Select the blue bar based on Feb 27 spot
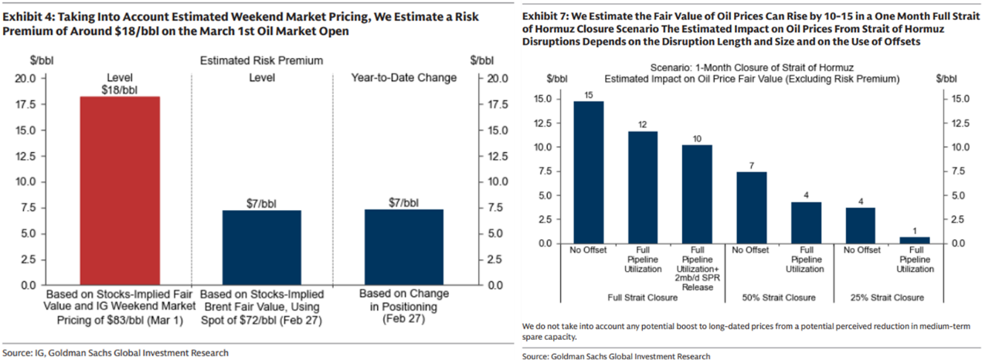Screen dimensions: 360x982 (261, 247)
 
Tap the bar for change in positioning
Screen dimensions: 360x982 (404, 247)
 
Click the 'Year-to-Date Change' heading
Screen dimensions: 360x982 (404, 77)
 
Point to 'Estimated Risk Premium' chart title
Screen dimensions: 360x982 (261, 60)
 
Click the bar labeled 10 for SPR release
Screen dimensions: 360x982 (697, 194)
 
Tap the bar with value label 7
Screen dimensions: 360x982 (751, 207)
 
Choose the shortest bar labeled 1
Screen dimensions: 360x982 (914, 240)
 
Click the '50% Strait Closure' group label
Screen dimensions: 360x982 (779, 297)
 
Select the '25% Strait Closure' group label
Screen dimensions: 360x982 (888, 297)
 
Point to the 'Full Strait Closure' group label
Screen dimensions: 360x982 (643, 297)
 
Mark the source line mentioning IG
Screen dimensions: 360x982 (115, 353)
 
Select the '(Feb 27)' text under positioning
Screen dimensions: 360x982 (404, 318)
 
